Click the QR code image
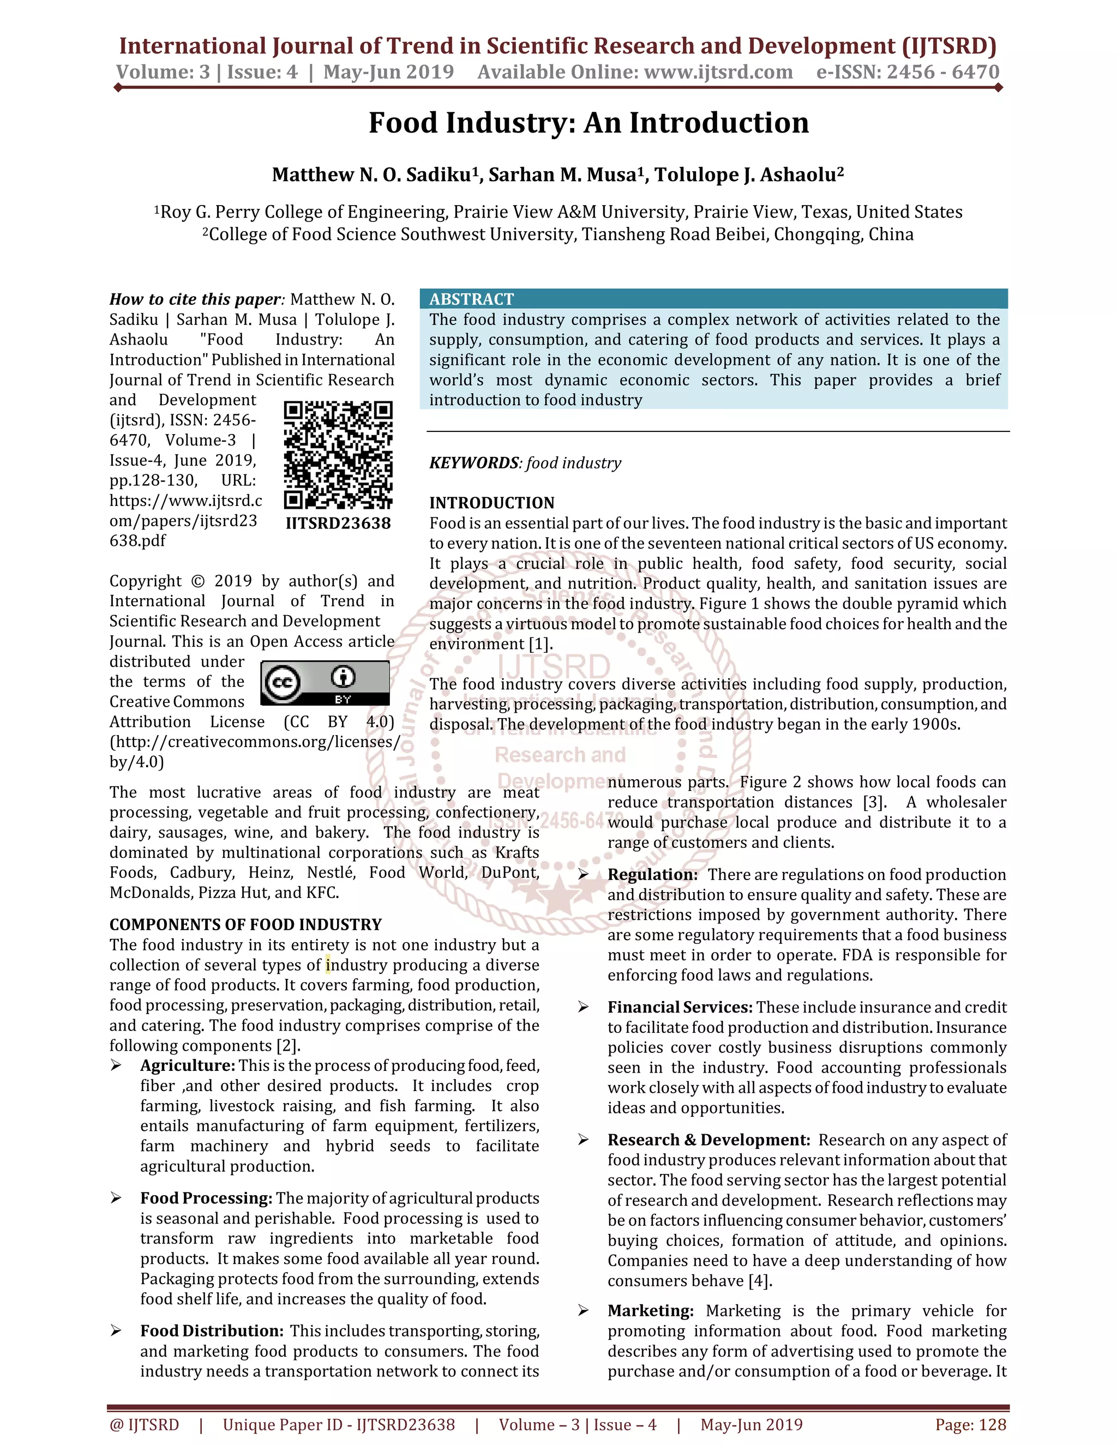click(x=338, y=455)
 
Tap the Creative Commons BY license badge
click(x=325, y=682)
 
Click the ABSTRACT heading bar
click(x=713, y=299)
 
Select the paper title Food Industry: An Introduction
click(x=588, y=123)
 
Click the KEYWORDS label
click(x=474, y=463)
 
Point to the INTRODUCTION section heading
click(x=491, y=503)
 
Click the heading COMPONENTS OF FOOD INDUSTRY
click(x=245, y=924)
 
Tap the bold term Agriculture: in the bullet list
click(x=187, y=1065)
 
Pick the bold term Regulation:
click(x=652, y=875)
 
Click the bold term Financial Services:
click(x=680, y=1007)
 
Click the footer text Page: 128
click(x=970, y=1424)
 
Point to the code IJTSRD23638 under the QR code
click(x=338, y=523)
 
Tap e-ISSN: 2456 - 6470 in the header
click(x=907, y=72)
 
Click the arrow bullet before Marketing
click(x=583, y=1311)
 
